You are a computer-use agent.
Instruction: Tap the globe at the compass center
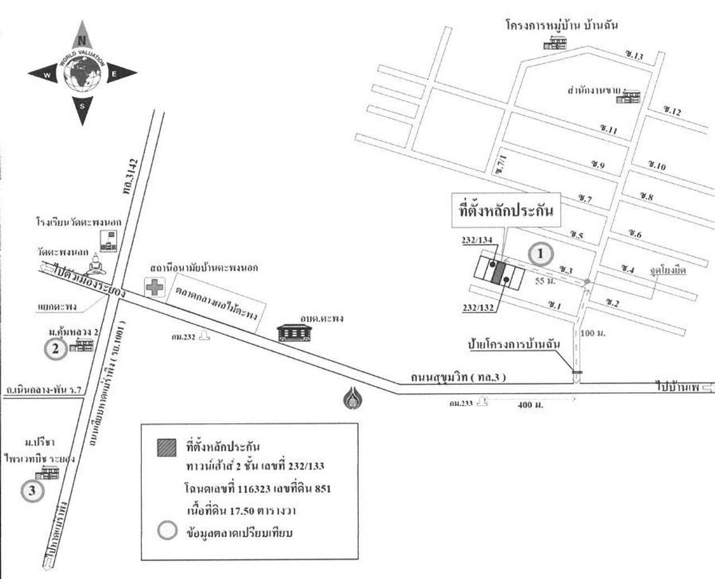coord(83,73)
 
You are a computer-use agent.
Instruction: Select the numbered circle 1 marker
coord(541,255)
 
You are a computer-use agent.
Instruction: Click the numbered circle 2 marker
coord(55,350)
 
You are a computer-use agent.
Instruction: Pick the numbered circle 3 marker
coord(32,491)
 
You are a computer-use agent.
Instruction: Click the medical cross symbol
coord(154,288)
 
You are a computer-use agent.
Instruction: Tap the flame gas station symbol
coord(351,397)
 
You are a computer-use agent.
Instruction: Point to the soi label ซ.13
coord(635,55)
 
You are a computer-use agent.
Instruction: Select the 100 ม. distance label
coord(593,333)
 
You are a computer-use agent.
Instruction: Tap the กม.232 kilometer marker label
coord(184,337)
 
